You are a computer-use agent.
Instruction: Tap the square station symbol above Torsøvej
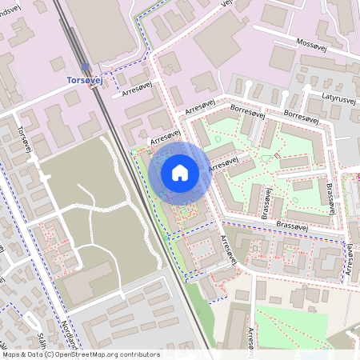point(86,68)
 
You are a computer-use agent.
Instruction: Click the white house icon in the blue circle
point(180,172)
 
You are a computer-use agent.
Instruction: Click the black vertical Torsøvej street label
point(23,139)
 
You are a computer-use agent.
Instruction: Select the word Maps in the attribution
point(11,354)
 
